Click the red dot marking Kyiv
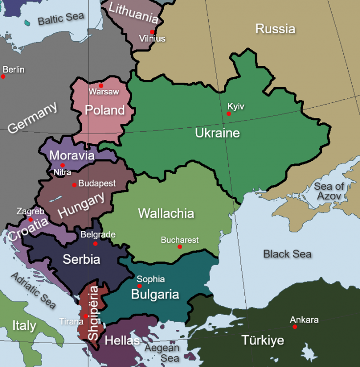(229, 114)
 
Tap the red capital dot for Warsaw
(101, 86)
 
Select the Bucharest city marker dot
(180, 247)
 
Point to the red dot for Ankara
(295, 327)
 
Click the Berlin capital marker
(3, 76)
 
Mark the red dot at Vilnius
(153, 32)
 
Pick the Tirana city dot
(86, 316)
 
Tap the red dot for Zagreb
(31, 220)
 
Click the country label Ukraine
(217, 133)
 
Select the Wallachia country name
(166, 213)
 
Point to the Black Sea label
(287, 254)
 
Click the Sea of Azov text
(329, 191)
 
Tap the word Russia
(275, 29)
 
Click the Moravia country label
(72, 156)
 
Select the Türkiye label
(263, 340)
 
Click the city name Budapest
(97, 183)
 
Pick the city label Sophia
(150, 279)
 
